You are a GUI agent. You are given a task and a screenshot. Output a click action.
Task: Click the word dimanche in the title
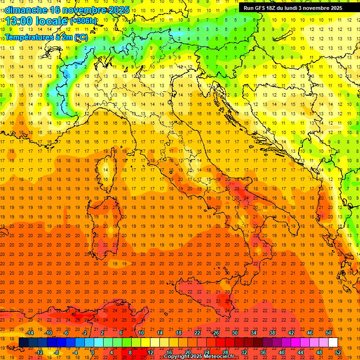pyautogui.click(x=26, y=9)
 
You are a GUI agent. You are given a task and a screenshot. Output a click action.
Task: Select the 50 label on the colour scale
pyautogui.click(x=329, y=333)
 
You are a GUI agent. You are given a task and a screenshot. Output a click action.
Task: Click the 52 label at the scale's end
pyautogui.click(x=338, y=352)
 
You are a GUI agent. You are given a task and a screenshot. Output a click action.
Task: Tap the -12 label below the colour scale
pyautogui.click(x=39, y=352)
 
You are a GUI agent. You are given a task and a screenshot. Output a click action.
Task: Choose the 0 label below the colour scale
pyautogui.click(x=92, y=352)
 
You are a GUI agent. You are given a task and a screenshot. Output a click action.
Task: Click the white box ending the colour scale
pyautogui.click(x=333, y=343)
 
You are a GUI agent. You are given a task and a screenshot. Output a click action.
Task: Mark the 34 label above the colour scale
pyautogui.click(x=254, y=333)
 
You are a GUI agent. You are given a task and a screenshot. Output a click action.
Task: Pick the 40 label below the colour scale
pyautogui.click(x=282, y=352)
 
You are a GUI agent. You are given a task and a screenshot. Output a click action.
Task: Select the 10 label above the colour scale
pyautogui.click(x=141, y=333)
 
